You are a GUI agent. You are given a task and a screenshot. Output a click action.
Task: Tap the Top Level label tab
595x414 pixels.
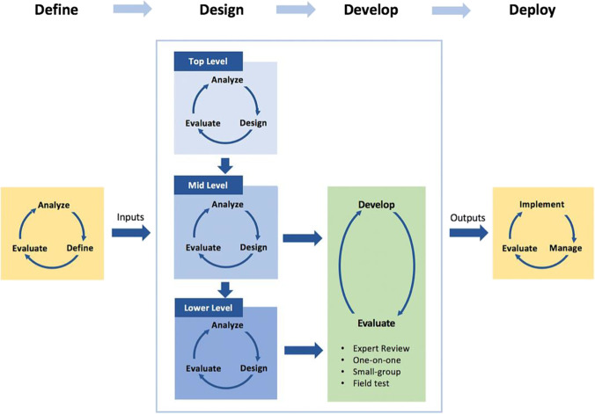pos(208,62)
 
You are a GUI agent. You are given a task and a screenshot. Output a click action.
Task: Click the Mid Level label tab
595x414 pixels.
pos(208,185)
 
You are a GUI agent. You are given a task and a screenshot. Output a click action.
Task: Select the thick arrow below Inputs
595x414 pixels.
pos(130,234)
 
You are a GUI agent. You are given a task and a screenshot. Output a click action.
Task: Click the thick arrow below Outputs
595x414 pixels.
pos(468,234)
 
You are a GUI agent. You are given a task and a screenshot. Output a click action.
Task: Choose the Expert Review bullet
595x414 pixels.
pos(381,349)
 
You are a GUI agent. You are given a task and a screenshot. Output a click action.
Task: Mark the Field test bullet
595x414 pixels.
pos(373,383)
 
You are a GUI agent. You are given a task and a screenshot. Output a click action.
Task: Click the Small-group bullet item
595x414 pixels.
pos(378,372)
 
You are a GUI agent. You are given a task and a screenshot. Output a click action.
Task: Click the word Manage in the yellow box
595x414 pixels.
pos(567,248)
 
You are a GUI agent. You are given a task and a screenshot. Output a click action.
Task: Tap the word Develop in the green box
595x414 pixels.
pos(376,205)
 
